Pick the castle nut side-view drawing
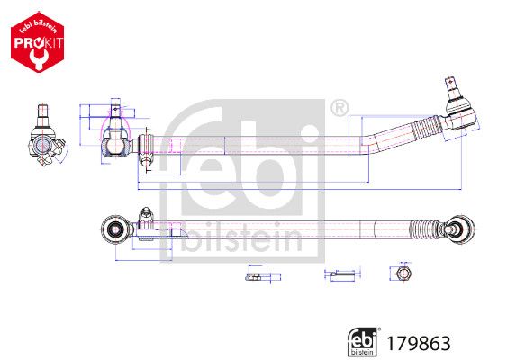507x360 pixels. [255, 274]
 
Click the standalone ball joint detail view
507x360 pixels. [42, 140]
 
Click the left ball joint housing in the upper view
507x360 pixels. [114, 140]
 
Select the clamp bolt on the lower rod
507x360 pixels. [144, 216]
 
